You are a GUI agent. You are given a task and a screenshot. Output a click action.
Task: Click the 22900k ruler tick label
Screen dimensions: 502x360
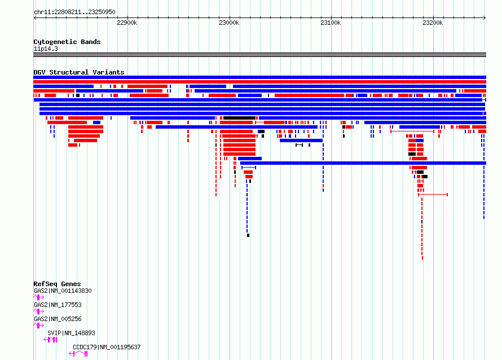pos(127,23)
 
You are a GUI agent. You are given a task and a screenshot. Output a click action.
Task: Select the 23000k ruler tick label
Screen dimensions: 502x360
pos(229,23)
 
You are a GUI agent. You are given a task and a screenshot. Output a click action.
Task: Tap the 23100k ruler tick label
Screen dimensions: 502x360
pos(331,23)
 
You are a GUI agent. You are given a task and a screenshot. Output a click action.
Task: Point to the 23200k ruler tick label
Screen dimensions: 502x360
pos(433,23)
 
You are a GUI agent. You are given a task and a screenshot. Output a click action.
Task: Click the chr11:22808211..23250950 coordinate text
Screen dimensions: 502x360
pos(74,12)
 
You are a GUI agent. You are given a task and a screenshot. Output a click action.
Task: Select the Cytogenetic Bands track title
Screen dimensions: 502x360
pos(67,42)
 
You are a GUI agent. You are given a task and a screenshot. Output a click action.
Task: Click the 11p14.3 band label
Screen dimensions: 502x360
pos(46,49)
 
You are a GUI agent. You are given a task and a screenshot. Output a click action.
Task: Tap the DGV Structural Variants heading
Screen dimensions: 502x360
pos(79,72)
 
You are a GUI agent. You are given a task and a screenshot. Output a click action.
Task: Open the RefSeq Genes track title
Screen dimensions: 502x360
pos(57,284)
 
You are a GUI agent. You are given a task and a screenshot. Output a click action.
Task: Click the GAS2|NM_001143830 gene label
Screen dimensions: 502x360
pos(63,291)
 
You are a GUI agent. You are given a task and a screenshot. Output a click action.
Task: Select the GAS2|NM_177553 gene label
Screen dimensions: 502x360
pos(58,305)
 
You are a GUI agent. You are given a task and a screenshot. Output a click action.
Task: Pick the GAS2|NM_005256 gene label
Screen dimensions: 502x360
pos(58,319)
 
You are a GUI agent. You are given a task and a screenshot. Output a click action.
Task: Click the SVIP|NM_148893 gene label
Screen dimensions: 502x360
pos(71,333)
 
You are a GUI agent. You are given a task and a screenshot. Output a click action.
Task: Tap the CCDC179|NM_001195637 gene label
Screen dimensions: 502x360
pos(107,347)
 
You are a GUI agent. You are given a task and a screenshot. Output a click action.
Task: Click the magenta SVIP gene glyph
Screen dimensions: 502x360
pos(51,340)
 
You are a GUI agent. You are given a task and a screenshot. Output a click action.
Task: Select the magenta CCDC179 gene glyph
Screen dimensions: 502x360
pos(78,354)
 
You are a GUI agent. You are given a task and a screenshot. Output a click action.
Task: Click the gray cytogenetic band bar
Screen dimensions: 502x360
pos(259,55)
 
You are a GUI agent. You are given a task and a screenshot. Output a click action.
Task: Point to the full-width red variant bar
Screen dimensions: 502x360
pos(259,82)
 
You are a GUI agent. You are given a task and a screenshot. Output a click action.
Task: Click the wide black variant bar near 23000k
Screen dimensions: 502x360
pos(239,118)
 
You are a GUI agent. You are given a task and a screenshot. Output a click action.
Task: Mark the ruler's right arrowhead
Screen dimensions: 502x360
pos(485,18)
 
